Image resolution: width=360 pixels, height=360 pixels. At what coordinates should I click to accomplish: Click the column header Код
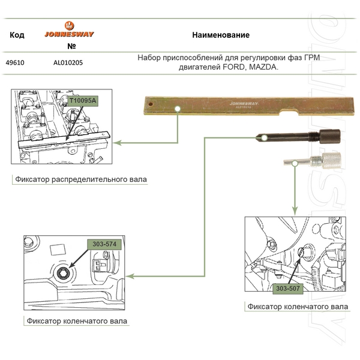[x=17, y=35]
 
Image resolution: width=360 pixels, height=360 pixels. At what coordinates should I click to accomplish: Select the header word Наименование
[x=220, y=35]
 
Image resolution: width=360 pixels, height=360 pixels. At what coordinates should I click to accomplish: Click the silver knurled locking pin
[x=317, y=161]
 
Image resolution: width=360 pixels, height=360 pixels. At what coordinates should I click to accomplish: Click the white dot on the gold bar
[x=178, y=109]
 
